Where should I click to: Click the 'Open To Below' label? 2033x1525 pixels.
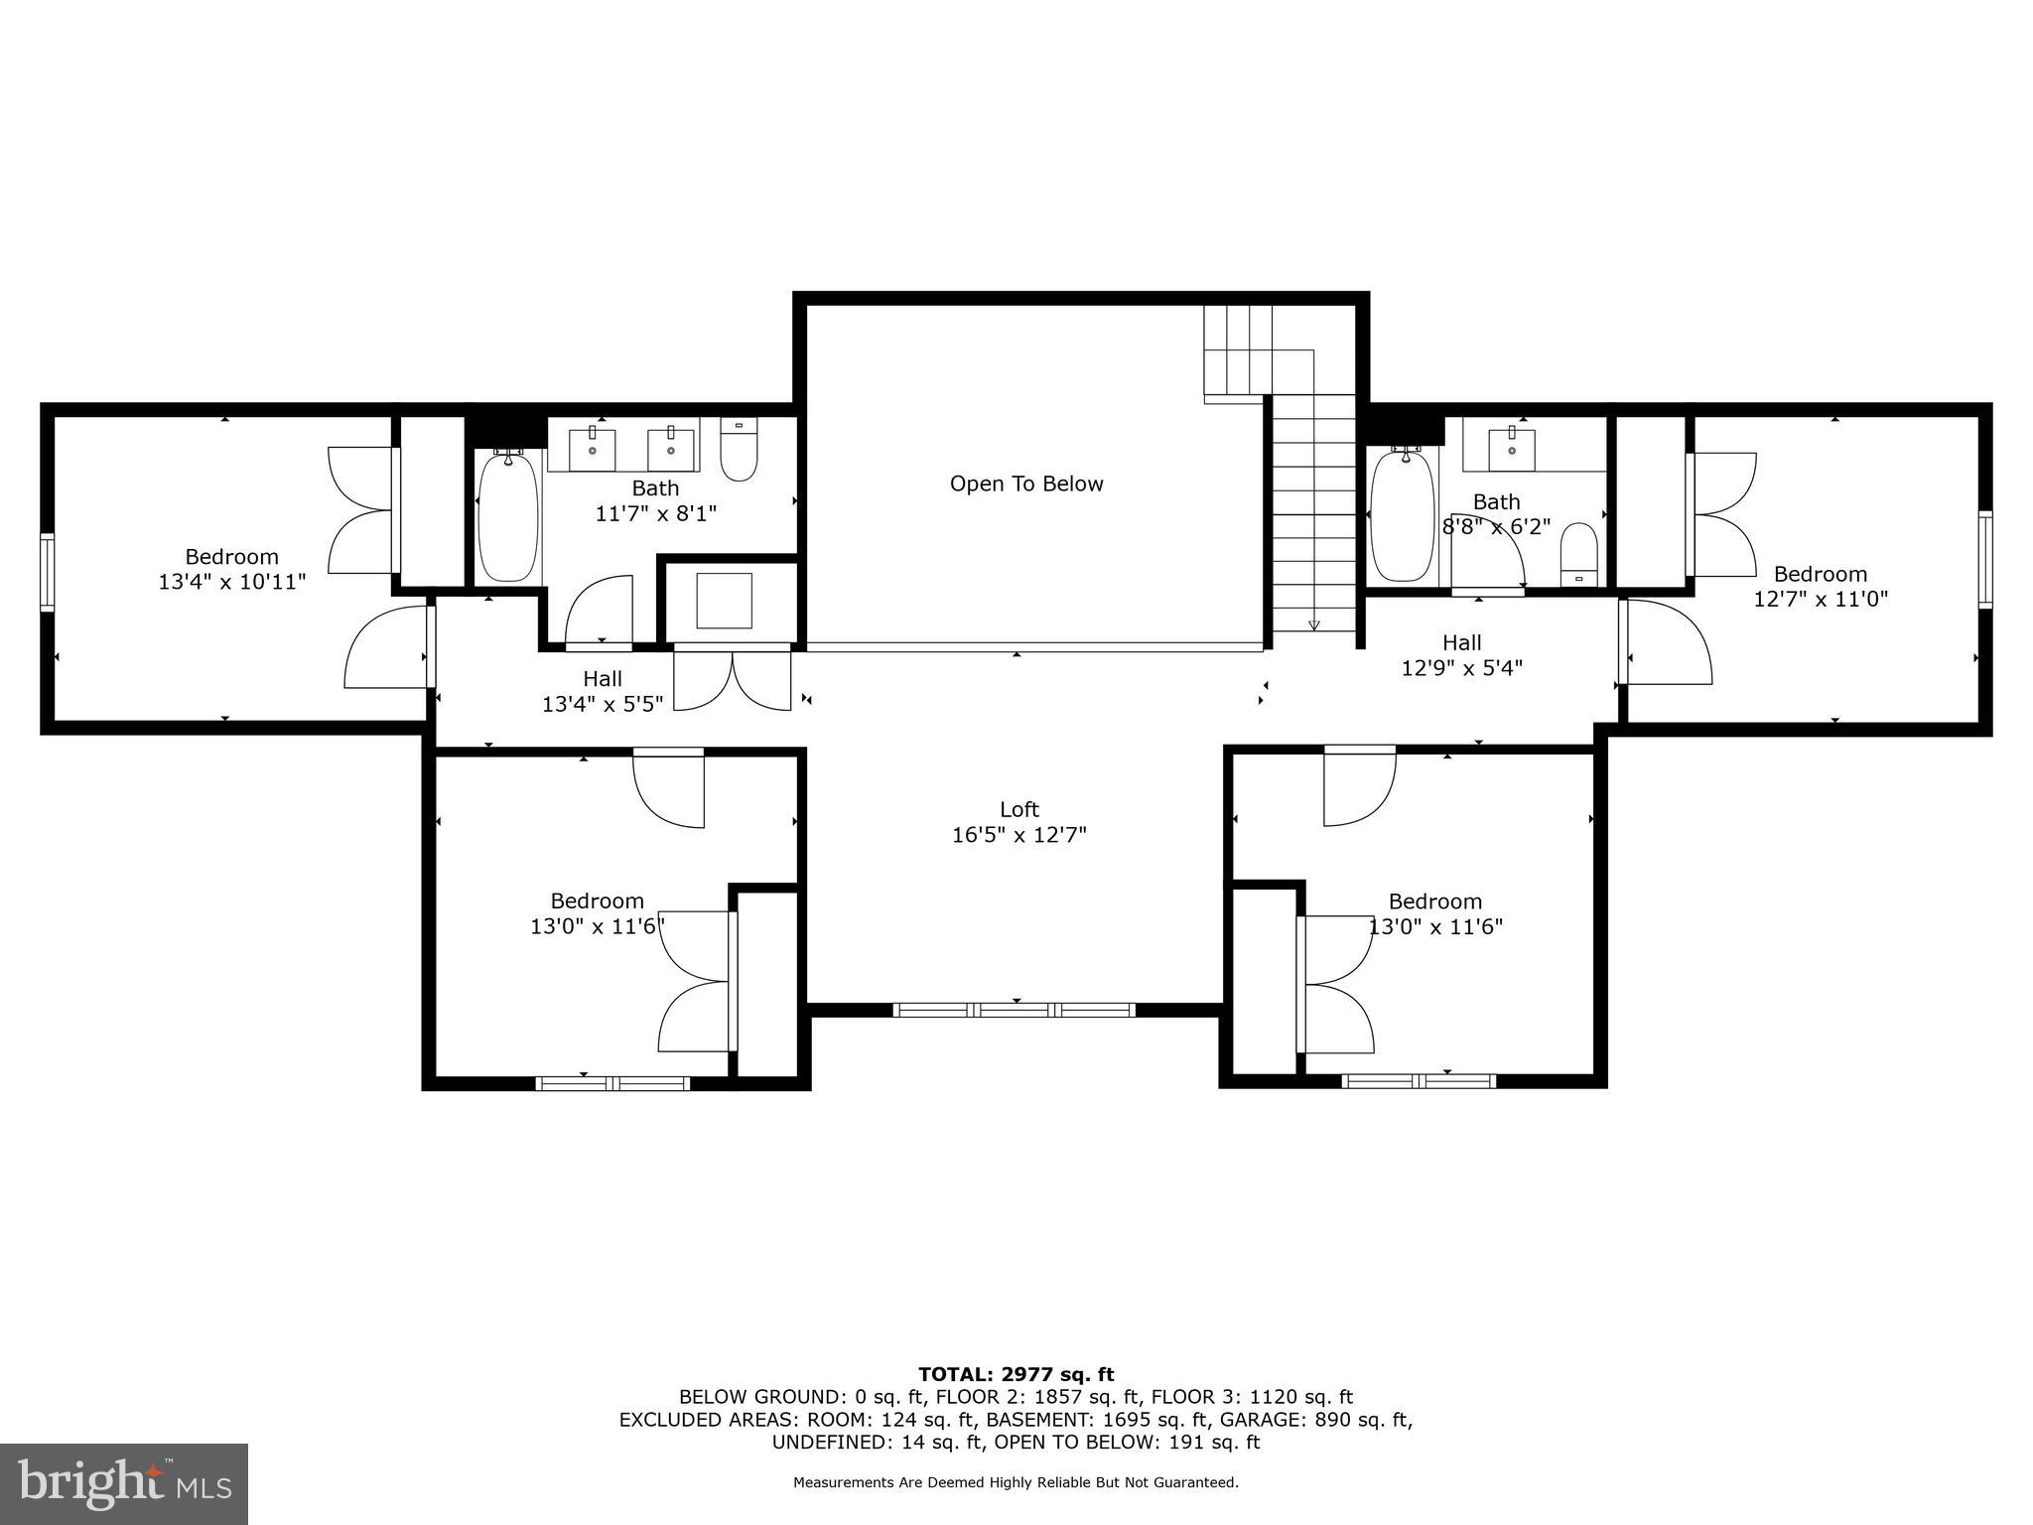[x=1026, y=485]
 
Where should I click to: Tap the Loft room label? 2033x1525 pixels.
[x=1019, y=809]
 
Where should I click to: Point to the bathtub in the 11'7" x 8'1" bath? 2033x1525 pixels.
[x=508, y=516]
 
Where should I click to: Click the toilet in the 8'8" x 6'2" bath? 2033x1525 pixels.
[x=1578, y=555]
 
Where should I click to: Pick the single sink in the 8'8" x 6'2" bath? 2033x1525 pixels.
[x=1512, y=450]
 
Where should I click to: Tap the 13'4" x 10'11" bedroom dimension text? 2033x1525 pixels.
[x=232, y=582]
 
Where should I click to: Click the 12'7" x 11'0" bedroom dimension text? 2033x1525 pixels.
[x=1821, y=599]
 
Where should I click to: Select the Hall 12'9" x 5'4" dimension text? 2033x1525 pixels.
[x=1461, y=668]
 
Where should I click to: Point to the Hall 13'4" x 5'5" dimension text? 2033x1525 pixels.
[x=603, y=704]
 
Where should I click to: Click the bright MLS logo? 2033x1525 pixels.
[x=124, y=1483]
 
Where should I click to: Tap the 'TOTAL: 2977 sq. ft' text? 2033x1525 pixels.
[x=1016, y=1374]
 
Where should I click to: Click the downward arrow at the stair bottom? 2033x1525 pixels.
[x=1314, y=624]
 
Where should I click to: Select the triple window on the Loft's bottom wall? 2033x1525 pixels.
[x=1015, y=1010]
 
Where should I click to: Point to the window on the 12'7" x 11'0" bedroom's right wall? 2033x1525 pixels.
[x=1984, y=559]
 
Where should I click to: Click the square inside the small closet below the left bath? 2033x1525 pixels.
[x=724, y=601]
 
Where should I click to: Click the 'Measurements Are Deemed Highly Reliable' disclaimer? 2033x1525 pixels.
[x=1016, y=1482]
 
